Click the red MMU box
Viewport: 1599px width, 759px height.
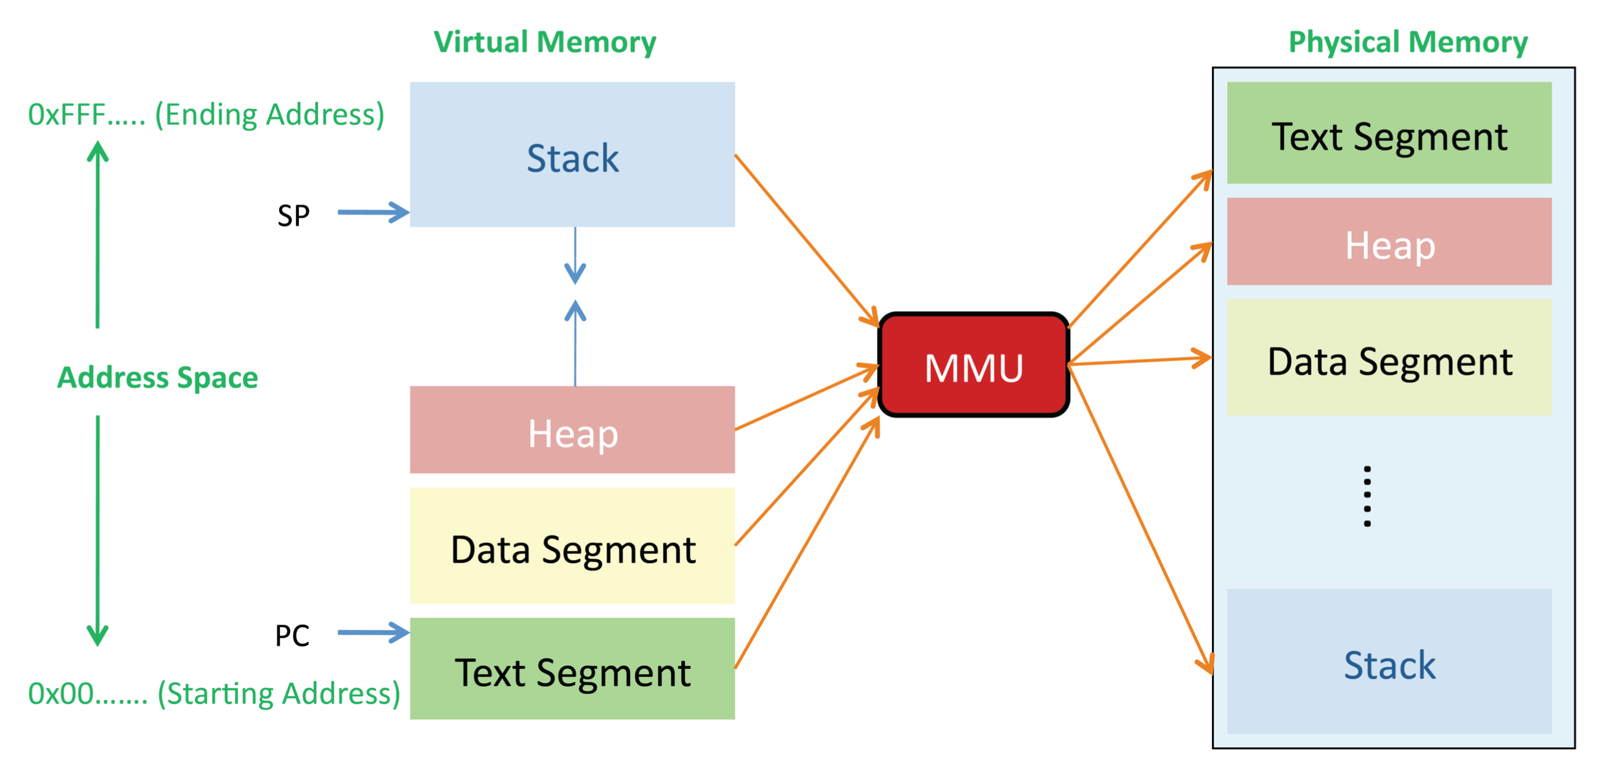[973, 365]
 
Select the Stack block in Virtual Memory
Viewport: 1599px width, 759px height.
[571, 155]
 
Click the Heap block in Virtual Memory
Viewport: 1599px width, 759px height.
[571, 430]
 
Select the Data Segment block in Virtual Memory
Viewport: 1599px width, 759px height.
[571, 546]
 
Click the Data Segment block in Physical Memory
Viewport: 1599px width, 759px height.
[1389, 358]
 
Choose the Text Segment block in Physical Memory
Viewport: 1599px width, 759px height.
[1389, 134]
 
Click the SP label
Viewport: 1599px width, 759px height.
[293, 216]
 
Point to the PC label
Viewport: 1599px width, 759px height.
[292, 636]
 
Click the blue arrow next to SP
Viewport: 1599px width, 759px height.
[372, 213]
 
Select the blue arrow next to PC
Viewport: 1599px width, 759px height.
[372, 632]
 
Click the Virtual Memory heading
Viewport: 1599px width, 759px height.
[544, 43]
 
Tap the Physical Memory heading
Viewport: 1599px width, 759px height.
[1407, 43]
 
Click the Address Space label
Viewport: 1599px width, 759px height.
[157, 377]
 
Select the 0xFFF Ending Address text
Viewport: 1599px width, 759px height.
[206, 115]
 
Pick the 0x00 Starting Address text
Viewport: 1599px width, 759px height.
[214, 693]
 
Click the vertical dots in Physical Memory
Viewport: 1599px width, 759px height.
[1367, 496]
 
